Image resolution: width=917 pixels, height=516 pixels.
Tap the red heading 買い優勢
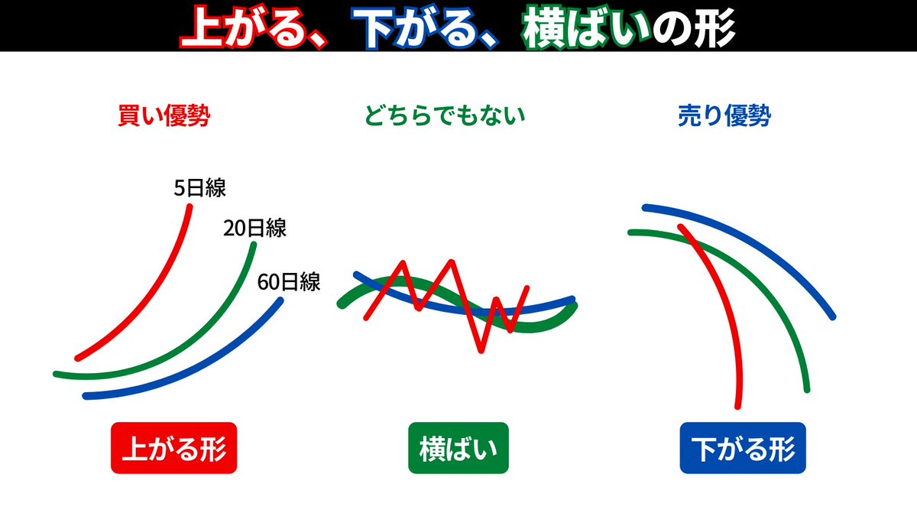click(164, 116)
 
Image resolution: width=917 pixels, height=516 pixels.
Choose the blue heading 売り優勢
click(724, 116)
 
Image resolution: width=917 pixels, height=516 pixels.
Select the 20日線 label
click(254, 228)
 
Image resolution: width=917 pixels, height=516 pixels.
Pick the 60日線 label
click(289, 283)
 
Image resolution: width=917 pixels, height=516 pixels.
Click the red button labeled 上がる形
click(174, 448)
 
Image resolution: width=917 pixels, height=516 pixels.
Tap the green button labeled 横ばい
click(458, 448)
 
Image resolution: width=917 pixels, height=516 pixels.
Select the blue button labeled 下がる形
click(743, 448)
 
